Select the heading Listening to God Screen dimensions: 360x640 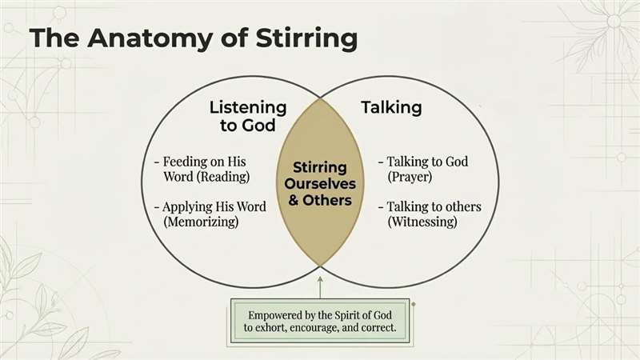(x=247, y=116)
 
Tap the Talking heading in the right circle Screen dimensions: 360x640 (x=391, y=106)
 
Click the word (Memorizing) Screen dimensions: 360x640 (x=201, y=222)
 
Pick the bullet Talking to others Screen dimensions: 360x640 (x=434, y=207)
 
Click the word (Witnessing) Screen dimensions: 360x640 (x=422, y=222)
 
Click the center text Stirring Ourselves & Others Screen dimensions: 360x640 (x=319, y=184)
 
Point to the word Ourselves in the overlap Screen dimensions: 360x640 (x=320, y=184)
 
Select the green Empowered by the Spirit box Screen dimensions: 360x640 (x=320, y=321)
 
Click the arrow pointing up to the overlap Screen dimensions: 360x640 (x=320, y=284)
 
